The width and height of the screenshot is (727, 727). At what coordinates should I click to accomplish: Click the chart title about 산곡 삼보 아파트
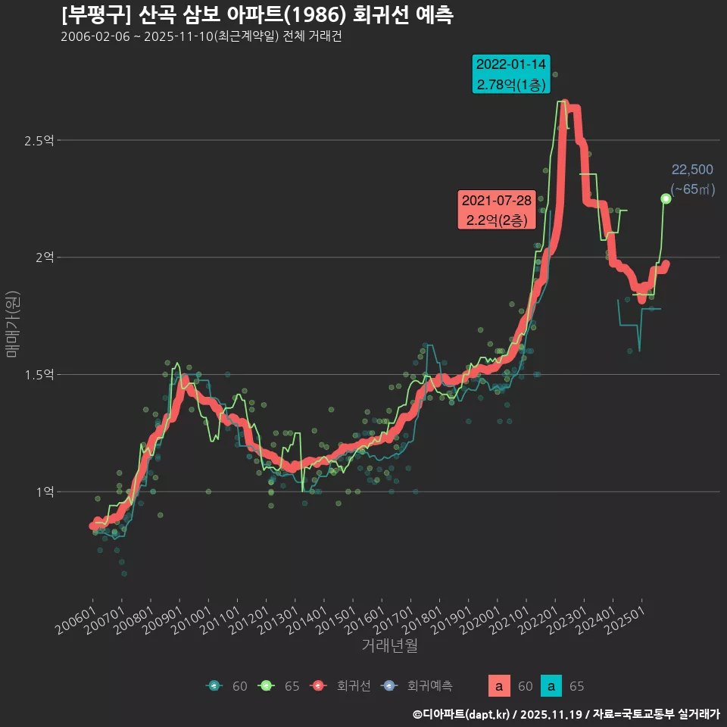click(257, 14)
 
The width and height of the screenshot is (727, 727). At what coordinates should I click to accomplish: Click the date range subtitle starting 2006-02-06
click(201, 36)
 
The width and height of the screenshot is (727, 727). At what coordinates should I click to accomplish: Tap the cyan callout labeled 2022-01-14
click(511, 74)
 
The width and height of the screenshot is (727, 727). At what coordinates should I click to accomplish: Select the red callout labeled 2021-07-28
click(497, 210)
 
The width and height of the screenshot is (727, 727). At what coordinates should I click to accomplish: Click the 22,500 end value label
click(692, 170)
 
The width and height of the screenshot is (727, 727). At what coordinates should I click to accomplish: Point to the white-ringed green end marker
click(666, 198)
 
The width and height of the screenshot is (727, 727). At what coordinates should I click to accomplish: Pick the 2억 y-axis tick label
click(44, 257)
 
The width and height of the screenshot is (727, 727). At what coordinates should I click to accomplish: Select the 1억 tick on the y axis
click(44, 491)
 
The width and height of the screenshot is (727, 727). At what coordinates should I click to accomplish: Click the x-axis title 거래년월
click(389, 645)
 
